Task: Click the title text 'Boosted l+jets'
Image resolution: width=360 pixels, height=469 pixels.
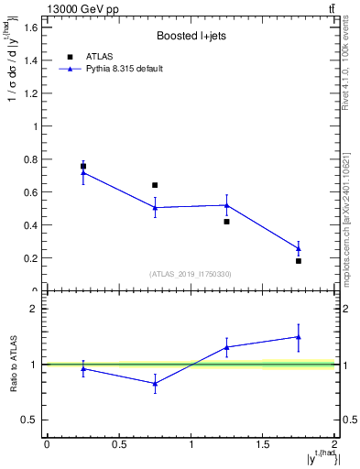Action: (190, 36)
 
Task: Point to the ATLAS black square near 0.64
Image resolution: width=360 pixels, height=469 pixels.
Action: (155, 185)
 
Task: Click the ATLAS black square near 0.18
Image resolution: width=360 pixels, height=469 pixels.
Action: (299, 261)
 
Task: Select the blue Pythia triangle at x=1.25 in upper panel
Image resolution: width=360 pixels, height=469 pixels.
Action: (227, 205)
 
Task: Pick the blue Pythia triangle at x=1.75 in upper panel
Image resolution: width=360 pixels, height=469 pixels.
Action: (299, 248)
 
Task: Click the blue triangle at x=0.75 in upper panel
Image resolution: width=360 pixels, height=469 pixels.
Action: (155, 208)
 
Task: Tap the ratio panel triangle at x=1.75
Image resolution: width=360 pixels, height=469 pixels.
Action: (299, 336)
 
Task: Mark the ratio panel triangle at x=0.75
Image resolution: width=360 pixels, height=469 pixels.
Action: (155, 384)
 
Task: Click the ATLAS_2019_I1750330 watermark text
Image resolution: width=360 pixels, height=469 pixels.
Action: (191, 274)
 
